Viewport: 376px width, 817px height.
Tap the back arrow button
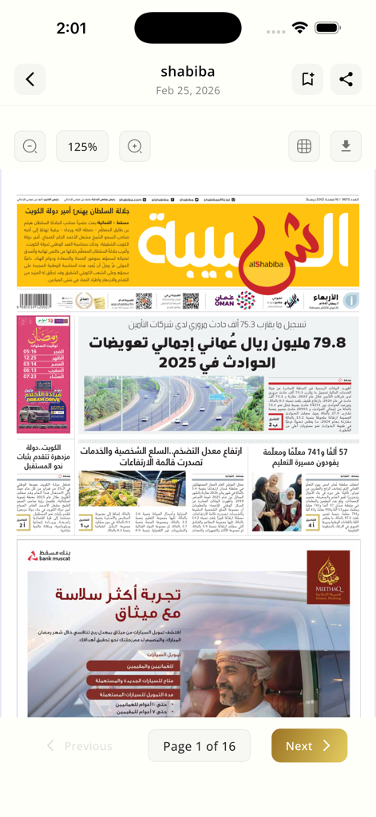point(30,79)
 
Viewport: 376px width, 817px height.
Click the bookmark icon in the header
point(307,79)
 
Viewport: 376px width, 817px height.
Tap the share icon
point(346,79)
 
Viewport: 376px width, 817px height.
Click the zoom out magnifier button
point(30,147)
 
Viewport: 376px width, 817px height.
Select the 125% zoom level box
point(82,147)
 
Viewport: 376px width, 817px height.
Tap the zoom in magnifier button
point(135,147)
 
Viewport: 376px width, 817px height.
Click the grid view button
point(304,147)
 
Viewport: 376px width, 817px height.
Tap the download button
point(346,147)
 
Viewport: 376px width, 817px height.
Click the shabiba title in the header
point(188,72)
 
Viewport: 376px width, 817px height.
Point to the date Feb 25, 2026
point(188,91)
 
